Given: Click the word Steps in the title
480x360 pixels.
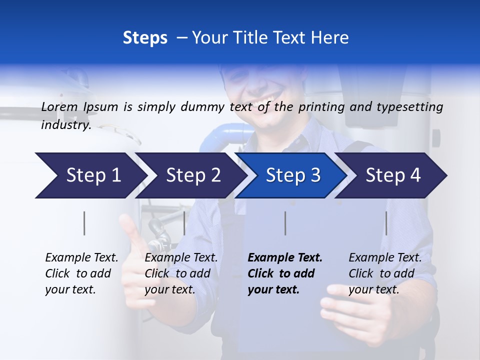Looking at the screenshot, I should point(145,38).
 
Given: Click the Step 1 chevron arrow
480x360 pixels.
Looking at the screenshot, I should point(90,175).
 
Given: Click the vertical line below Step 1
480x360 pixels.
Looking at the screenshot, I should point(84,223).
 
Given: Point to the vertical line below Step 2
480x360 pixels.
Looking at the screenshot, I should point(184,223).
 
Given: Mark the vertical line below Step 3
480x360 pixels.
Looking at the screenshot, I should point(285,223).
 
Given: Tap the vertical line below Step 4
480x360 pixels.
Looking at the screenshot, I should point(386,223).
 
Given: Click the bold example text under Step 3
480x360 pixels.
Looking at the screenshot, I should point(284,273).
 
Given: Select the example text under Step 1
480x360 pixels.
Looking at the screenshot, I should point(81,273).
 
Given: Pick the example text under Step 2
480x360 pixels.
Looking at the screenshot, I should point(181,273).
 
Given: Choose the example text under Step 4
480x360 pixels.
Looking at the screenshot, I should point(385,273).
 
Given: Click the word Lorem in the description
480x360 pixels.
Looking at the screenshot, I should point(59,106).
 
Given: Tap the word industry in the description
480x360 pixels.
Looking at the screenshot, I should point(65,125).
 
